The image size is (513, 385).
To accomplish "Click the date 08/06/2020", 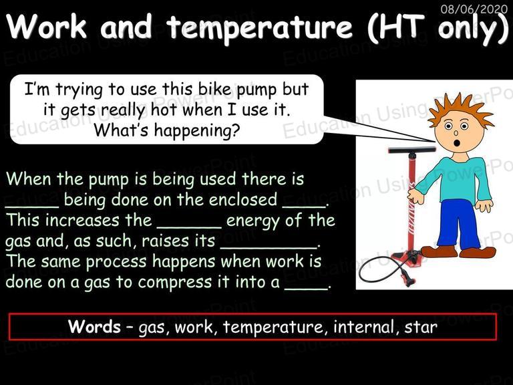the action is (x=474, y=9).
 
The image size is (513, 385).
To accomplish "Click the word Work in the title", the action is (x=47, y=27).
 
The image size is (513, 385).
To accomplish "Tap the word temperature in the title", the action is (x=260, y=27).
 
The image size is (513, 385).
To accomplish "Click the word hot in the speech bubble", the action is (x=164, y=110).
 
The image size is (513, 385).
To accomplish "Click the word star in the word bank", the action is (x=421, y=328).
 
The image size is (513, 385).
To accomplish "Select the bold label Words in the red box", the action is (x=95, y=327).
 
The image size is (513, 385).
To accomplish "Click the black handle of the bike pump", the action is (x=412, y=150).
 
